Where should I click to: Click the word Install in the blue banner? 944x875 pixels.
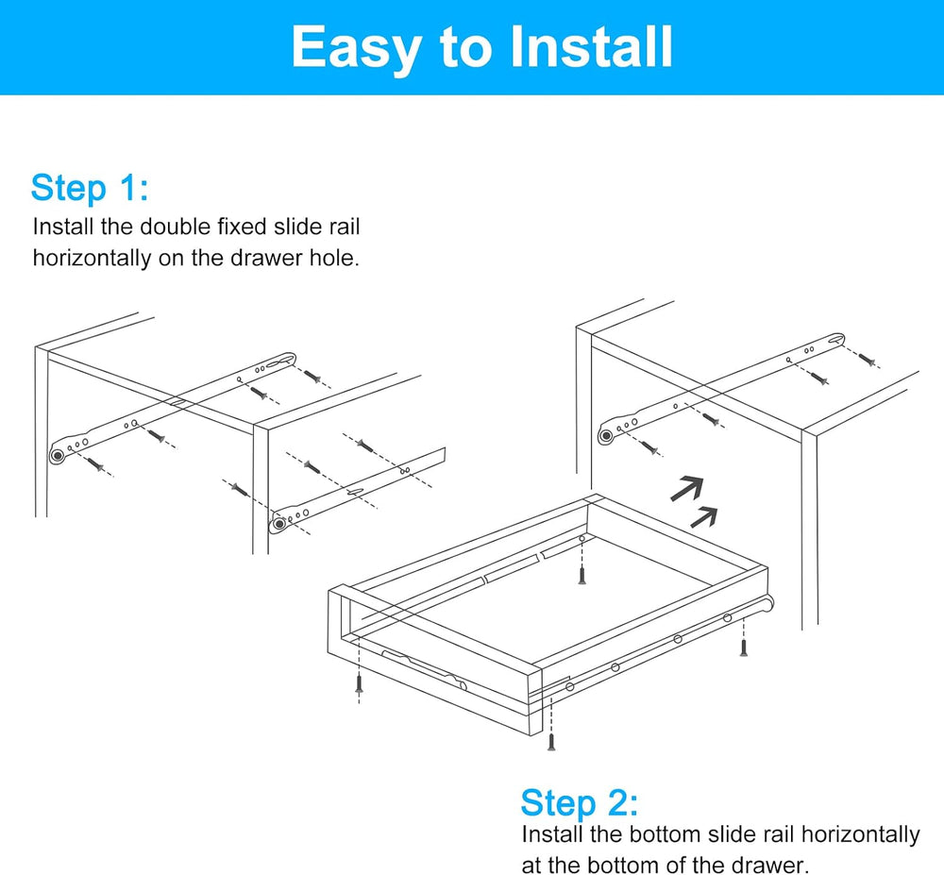(x=591, y=47)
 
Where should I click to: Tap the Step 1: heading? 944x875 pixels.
(x=89, y=189)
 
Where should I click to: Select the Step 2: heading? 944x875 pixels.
(x=580, y=803)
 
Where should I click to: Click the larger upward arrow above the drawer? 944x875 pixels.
(x=687, y=488)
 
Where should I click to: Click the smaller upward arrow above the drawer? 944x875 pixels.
(x=704, y=517)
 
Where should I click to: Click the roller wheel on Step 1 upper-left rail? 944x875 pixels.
(x=58, y=456)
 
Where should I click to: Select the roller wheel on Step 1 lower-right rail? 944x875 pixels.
(x=278, y=524)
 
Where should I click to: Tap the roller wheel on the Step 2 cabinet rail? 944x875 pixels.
(x=606, y=436)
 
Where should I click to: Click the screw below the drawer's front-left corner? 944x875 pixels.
(x=360, y=683)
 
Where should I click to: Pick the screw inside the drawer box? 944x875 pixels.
(x=582, y=575)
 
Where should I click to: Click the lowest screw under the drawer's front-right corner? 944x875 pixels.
(x=551, y=741)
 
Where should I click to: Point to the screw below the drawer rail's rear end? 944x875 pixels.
(x=744, y=648)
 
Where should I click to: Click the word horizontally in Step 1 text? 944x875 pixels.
(x=93, y=258)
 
